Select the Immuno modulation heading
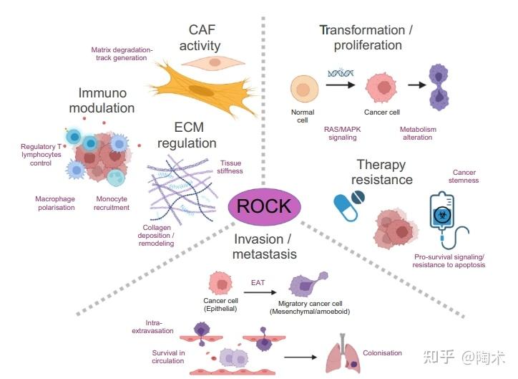107,101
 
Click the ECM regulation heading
189,135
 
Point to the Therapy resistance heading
384,171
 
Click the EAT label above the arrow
258,282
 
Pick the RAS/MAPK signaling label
342,133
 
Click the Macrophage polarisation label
55,203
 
